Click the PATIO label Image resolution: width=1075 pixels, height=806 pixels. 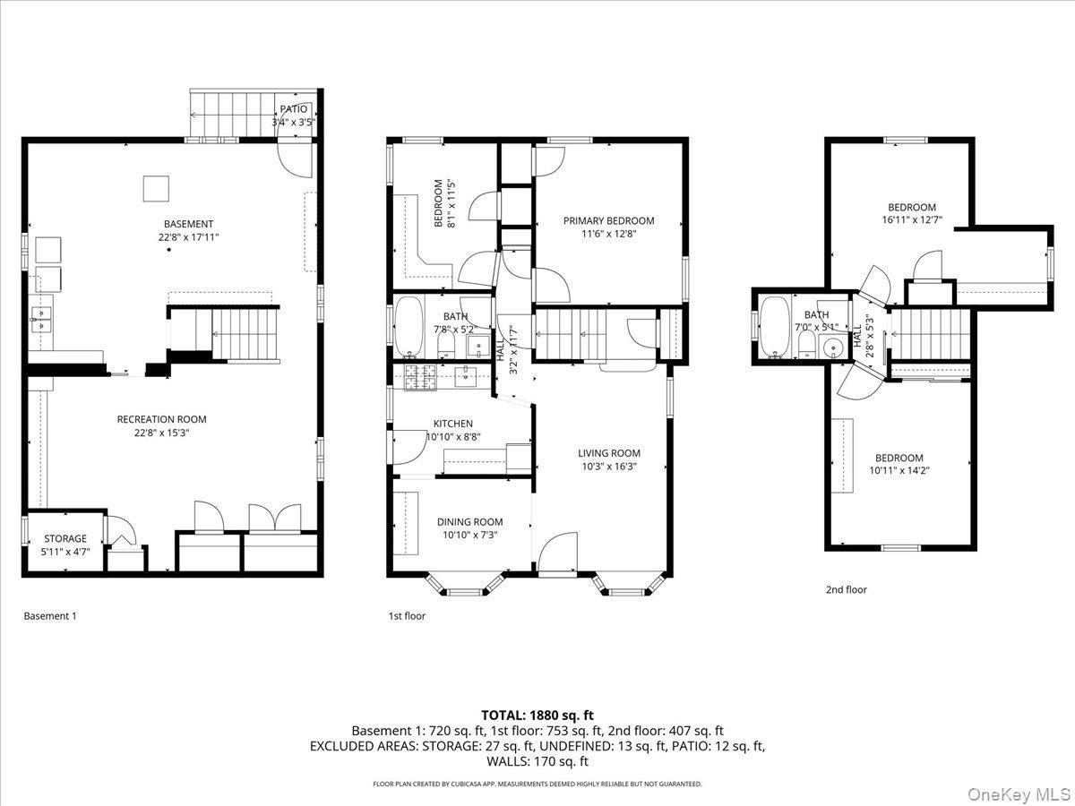[x=294, y=109]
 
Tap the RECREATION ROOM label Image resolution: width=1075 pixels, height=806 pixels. [x=161, y=419]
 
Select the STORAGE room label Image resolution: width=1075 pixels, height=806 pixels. [x=66, y=538]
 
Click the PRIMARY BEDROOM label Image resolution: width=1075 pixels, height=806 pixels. [x=608, y=220]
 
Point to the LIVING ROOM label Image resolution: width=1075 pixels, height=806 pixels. [x=608, y=453]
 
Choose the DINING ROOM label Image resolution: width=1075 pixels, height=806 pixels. [x=469, y=522]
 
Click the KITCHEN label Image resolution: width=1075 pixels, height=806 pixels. [x=452, y=424]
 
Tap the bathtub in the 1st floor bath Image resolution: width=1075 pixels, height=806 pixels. [x=410, y=326]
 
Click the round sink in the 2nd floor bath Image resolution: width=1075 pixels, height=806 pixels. [x=835, y=349]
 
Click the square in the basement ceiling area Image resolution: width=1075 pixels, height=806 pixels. [x=156, y=188]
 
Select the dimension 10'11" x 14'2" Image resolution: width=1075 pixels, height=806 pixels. [x=899, y=469]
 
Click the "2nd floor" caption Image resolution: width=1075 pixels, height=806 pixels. [x=846, y=589]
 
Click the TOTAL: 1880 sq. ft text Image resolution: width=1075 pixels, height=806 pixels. [x=537, y=715]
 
